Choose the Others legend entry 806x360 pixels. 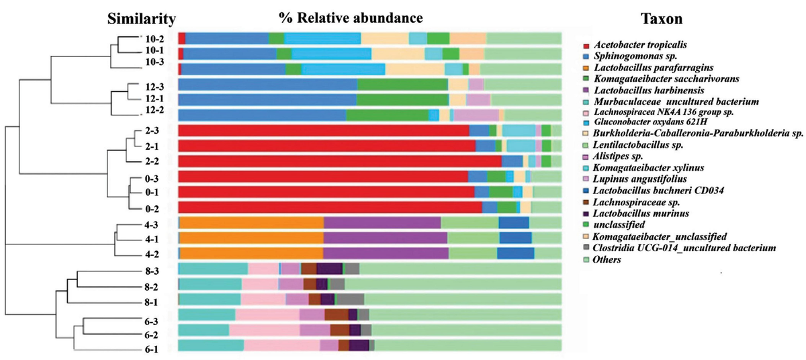point(608,259)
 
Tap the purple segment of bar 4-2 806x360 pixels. point(386,253)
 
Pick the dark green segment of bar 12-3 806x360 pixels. point(402,84)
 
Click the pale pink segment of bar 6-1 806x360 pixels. point(281,345)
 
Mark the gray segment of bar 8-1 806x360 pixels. point(349,299)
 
